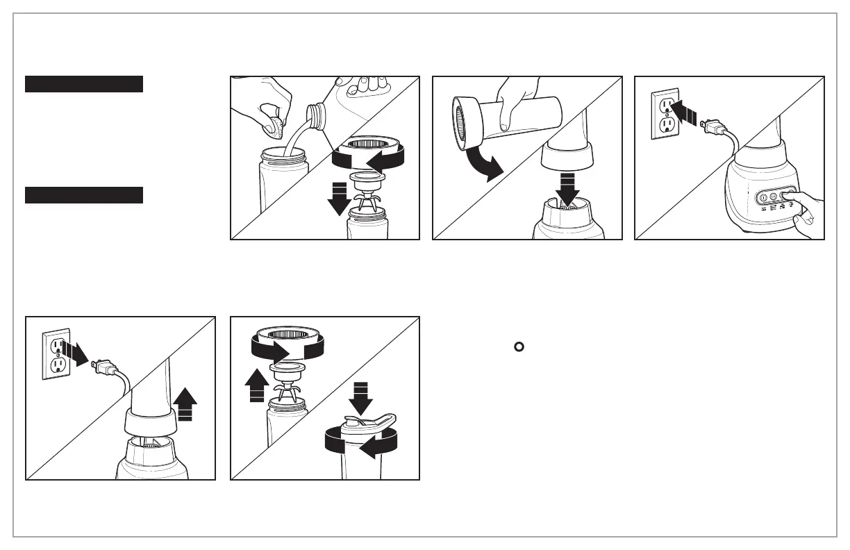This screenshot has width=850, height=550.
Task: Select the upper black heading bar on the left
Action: (84, 84)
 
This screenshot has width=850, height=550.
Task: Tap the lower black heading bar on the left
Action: (84, 195)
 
